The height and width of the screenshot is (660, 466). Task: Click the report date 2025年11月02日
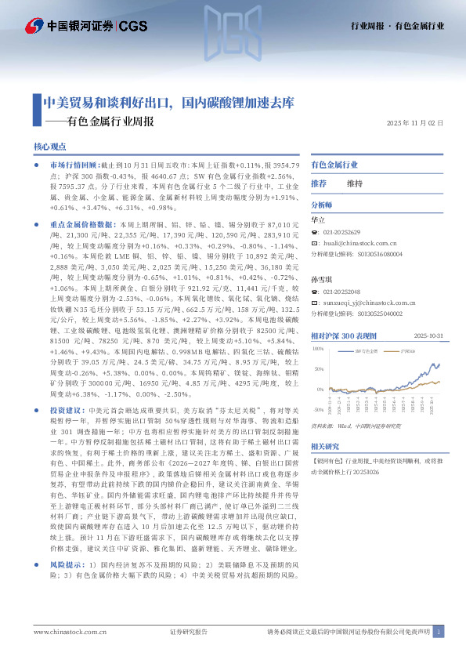415,123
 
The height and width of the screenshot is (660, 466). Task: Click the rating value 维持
356,183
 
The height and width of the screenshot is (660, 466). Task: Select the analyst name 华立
318,221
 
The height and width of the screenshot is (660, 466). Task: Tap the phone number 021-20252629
341,233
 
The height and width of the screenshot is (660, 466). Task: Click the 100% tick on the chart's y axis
318,348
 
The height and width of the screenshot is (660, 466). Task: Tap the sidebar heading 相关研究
325,467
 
